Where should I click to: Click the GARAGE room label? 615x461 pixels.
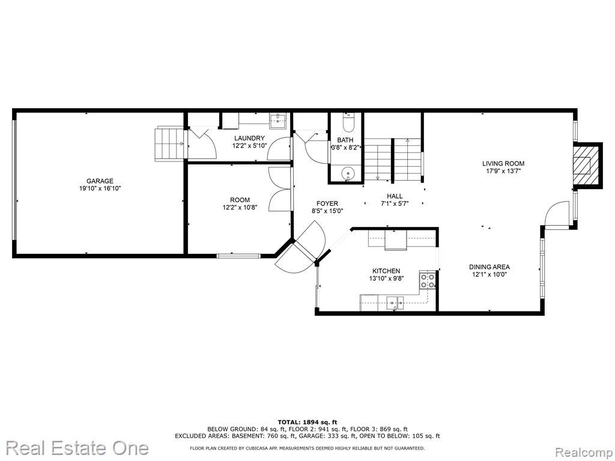coord(100,181)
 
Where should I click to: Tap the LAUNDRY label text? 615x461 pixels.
coord(249,138)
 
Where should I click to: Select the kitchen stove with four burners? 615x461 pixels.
coord(427,280)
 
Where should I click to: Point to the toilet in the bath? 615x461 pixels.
coord(348,122)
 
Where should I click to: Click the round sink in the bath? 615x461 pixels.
coord(348,173)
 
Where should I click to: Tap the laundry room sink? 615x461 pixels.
coord(278,121)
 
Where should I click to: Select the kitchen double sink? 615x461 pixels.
coord(395,303)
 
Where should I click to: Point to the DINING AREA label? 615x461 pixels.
coord(489,267)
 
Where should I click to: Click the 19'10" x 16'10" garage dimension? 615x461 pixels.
coord(100,188)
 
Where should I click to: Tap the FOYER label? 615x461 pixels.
coord(327,203)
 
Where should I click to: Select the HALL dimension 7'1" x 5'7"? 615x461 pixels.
coord(395,203)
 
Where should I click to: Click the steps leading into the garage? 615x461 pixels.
coord(170,143)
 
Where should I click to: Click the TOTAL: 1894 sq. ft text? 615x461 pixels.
coord(307,422)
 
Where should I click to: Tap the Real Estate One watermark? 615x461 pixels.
coord(77,448)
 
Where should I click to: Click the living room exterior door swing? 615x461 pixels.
coord(557,214)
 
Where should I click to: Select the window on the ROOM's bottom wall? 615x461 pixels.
coord(238,256)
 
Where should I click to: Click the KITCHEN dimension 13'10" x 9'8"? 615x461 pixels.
coord(386,279)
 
